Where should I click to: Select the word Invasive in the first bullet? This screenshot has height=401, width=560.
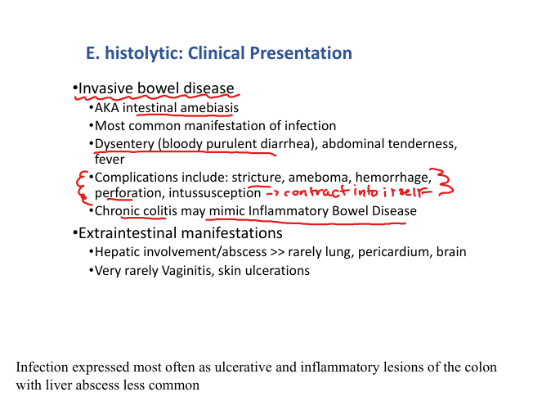105,88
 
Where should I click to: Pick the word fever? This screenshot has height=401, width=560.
110,160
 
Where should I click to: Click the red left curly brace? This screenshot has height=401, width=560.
79,187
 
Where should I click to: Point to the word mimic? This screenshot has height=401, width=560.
225,211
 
